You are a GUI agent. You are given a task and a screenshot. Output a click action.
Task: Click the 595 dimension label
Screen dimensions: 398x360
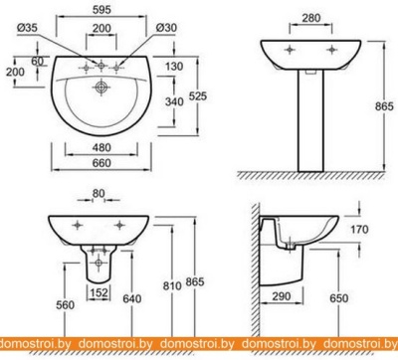coord(101,10)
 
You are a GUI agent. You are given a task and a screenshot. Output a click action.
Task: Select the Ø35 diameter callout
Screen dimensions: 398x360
coord(27,28)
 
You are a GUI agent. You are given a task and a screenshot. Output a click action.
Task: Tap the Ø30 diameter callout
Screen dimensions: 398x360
coord(166,28)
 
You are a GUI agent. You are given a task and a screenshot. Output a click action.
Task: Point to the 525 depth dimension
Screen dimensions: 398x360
coord(198,96)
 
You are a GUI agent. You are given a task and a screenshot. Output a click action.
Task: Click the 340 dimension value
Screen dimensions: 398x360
coord(174,101)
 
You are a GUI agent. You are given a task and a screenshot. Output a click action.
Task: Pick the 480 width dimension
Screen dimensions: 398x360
coord(101,147)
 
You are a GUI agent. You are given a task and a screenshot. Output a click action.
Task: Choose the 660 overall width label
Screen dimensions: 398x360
coord(101,163)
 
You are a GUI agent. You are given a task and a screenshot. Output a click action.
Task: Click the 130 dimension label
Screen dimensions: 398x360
coord(174,67)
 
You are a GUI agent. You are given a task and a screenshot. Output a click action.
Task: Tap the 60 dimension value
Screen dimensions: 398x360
coord(38,62)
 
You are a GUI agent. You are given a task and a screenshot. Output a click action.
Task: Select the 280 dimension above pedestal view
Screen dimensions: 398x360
coord(311,18)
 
